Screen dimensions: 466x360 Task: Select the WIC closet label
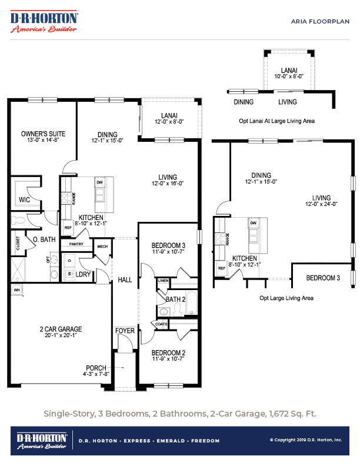(24, 200)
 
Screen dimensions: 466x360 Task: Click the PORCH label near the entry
(96, 367)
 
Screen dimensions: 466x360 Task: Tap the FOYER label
(125, 331)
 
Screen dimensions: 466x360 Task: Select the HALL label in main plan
(125, 279)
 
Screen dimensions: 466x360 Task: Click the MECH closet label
(102, 247)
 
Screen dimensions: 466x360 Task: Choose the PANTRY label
(76, 244)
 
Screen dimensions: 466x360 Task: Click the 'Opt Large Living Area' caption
(286, 298)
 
